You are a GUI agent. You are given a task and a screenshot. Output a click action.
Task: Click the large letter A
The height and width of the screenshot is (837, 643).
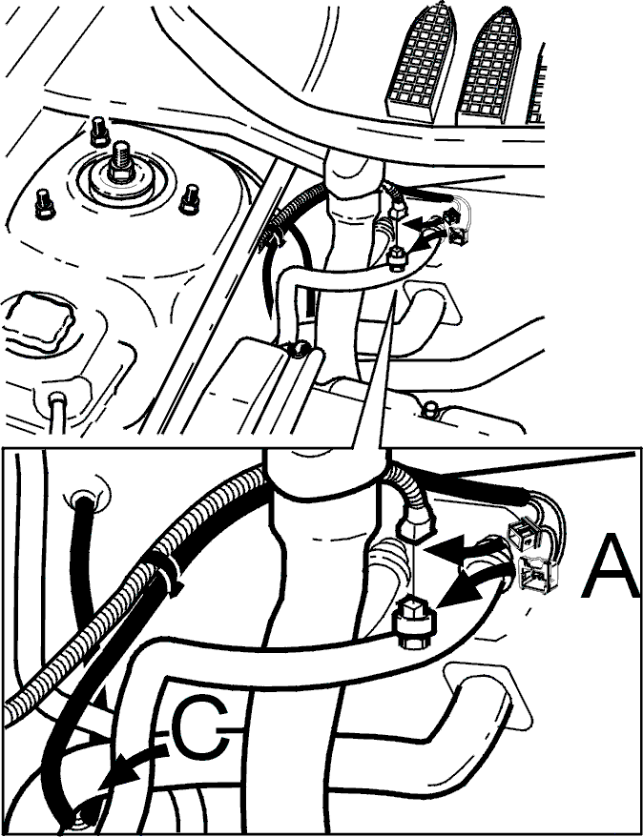click(610, 568)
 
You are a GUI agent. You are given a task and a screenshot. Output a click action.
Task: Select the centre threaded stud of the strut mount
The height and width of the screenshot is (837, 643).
click(121, 160)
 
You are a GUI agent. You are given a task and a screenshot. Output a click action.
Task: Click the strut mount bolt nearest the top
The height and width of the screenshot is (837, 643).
click(99, 131)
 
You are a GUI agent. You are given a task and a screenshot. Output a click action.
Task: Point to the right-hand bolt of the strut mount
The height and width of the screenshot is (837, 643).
click(190, 198)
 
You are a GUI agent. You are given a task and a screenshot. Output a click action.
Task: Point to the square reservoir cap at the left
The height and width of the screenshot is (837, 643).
click(38, 319)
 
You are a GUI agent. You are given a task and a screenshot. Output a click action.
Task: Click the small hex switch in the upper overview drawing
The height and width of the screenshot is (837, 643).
click(395, 257)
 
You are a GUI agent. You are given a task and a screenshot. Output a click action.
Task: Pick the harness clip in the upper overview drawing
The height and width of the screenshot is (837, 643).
click(271, 238)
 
